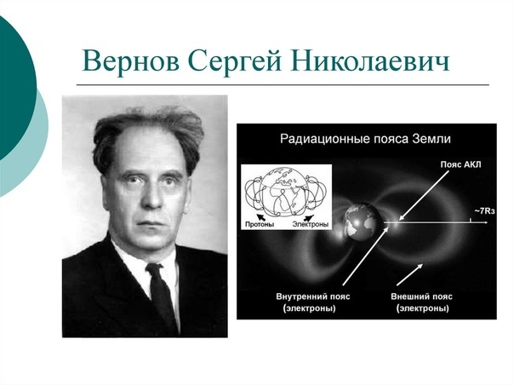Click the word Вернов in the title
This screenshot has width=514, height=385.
(x=131, y=60)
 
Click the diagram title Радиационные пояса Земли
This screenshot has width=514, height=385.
(x=365, y=139)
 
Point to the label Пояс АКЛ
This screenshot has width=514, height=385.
(x=460, y=164)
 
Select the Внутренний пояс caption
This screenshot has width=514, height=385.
(x=312, y=296)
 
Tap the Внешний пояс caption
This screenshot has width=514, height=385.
(x=421, y=296)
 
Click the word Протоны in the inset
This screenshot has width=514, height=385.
(x=260, y=225)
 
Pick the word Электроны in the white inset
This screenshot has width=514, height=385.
(x=310, y=225)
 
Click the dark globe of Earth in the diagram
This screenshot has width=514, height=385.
(x=363, y=221)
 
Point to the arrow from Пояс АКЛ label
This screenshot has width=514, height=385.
(x=424, y=195)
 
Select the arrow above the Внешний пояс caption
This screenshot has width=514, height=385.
(x=409, y=275)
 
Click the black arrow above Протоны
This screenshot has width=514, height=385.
(x=261, y=216)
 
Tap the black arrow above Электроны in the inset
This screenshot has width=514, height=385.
(x=309, y=217)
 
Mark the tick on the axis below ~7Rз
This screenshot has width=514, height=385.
(x=471, y=221)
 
